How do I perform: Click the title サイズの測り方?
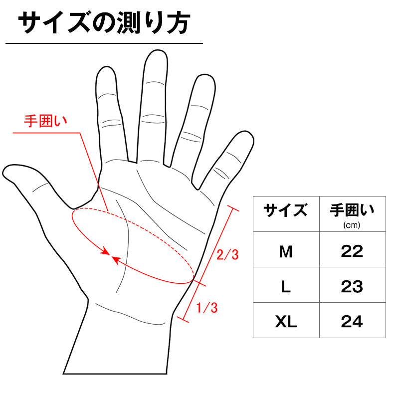104,23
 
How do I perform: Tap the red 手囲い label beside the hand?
45,121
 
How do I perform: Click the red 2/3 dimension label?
227,255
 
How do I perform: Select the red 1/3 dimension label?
207,308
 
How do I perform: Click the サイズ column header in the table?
285,210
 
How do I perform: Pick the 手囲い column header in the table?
352,210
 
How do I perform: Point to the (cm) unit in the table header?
352,225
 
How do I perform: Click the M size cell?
286,252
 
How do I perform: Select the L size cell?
286,287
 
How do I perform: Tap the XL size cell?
286,322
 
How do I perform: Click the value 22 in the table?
352,251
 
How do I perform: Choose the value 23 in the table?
352,287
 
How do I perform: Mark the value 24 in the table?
352,322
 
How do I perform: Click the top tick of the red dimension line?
233,208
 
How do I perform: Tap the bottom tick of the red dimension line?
183,320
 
